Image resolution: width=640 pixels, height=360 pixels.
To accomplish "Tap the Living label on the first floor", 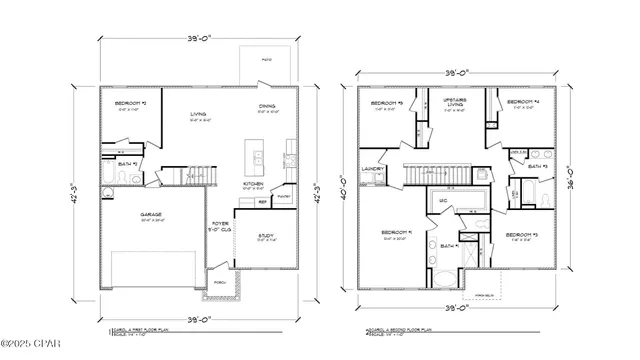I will tap(198, 115).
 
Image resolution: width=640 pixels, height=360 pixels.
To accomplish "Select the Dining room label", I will tap(268, 106).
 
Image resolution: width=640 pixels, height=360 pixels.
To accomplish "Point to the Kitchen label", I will tap(253, 185).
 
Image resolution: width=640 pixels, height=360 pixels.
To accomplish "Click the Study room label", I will tap(266, 236).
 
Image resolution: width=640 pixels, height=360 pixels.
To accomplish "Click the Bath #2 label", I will tap(126, 162).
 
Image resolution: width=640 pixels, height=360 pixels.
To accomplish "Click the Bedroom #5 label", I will tap(386, 103).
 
